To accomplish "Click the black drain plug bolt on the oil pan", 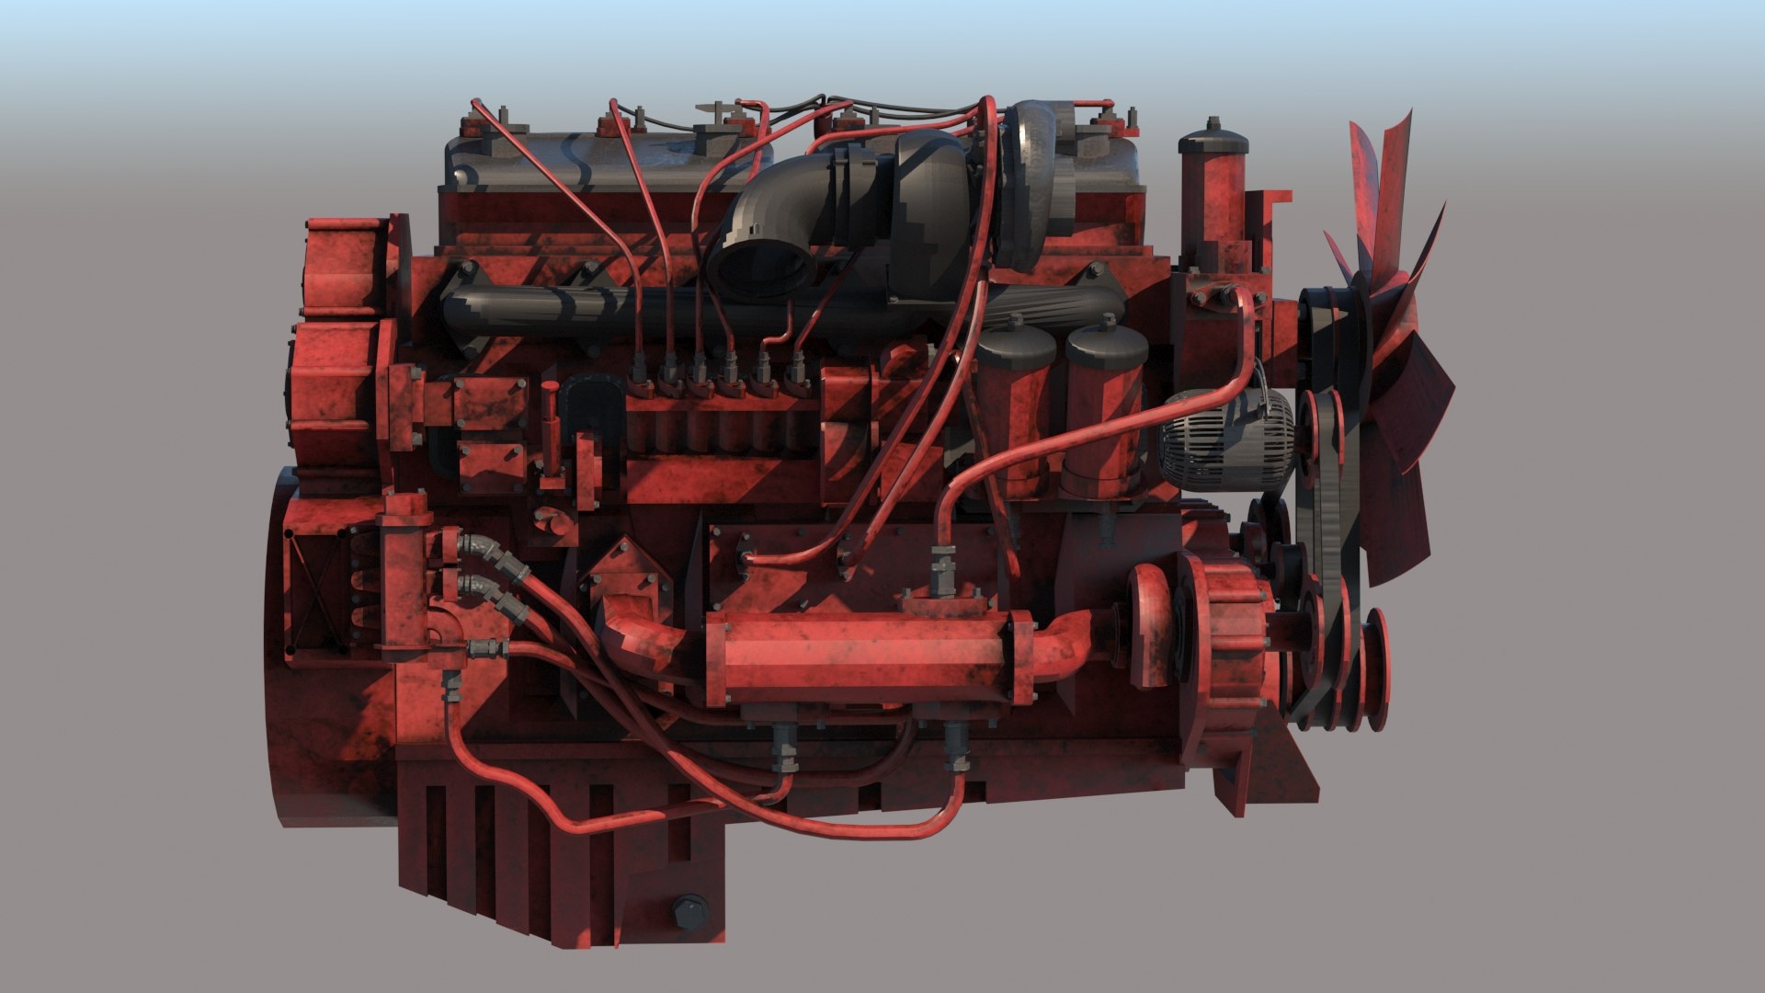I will click(689, 914).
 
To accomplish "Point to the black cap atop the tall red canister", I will click(1213, 141).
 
